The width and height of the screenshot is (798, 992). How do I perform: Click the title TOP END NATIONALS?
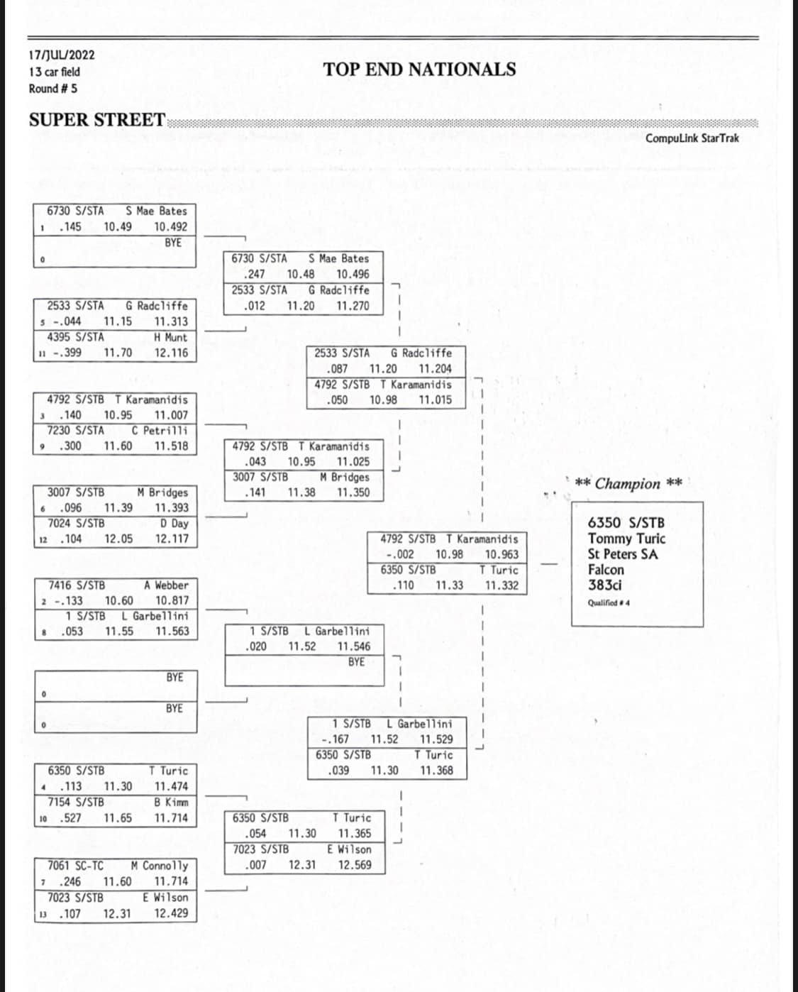click(419, 70)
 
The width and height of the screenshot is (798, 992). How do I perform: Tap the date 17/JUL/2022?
click(62, 55)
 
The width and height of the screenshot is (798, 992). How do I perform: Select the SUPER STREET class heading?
click(96, 120)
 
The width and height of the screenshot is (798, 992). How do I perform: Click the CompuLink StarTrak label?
click(692, 138)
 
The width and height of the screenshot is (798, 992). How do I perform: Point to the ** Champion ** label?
click(628, 483)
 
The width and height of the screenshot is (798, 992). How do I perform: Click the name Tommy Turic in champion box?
click(626, 539)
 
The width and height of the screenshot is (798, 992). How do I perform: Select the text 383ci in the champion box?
click(604, 585)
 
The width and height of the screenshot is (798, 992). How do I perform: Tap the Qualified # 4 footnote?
click(608, 603)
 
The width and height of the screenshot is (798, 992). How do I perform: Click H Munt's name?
click(170, 338)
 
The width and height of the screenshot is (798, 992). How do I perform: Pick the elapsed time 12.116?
click(171, 353)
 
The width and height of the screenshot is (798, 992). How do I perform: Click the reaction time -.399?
click(67, 353)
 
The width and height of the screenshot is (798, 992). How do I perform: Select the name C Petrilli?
click(160, 431)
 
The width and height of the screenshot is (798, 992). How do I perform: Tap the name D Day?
click(174, 523)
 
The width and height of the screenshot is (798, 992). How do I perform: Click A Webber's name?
click(166, 585)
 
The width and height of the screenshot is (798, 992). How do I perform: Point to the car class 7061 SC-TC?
click(76, 866)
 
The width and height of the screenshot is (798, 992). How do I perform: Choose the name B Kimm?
click(171, 802)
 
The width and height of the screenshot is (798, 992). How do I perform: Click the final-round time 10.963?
click(501, 555)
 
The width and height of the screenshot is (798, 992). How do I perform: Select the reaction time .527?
click(70, 817)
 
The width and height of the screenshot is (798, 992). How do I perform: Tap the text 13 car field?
click(55, 72)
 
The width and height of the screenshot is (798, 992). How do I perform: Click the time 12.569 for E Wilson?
click(355, 865)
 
